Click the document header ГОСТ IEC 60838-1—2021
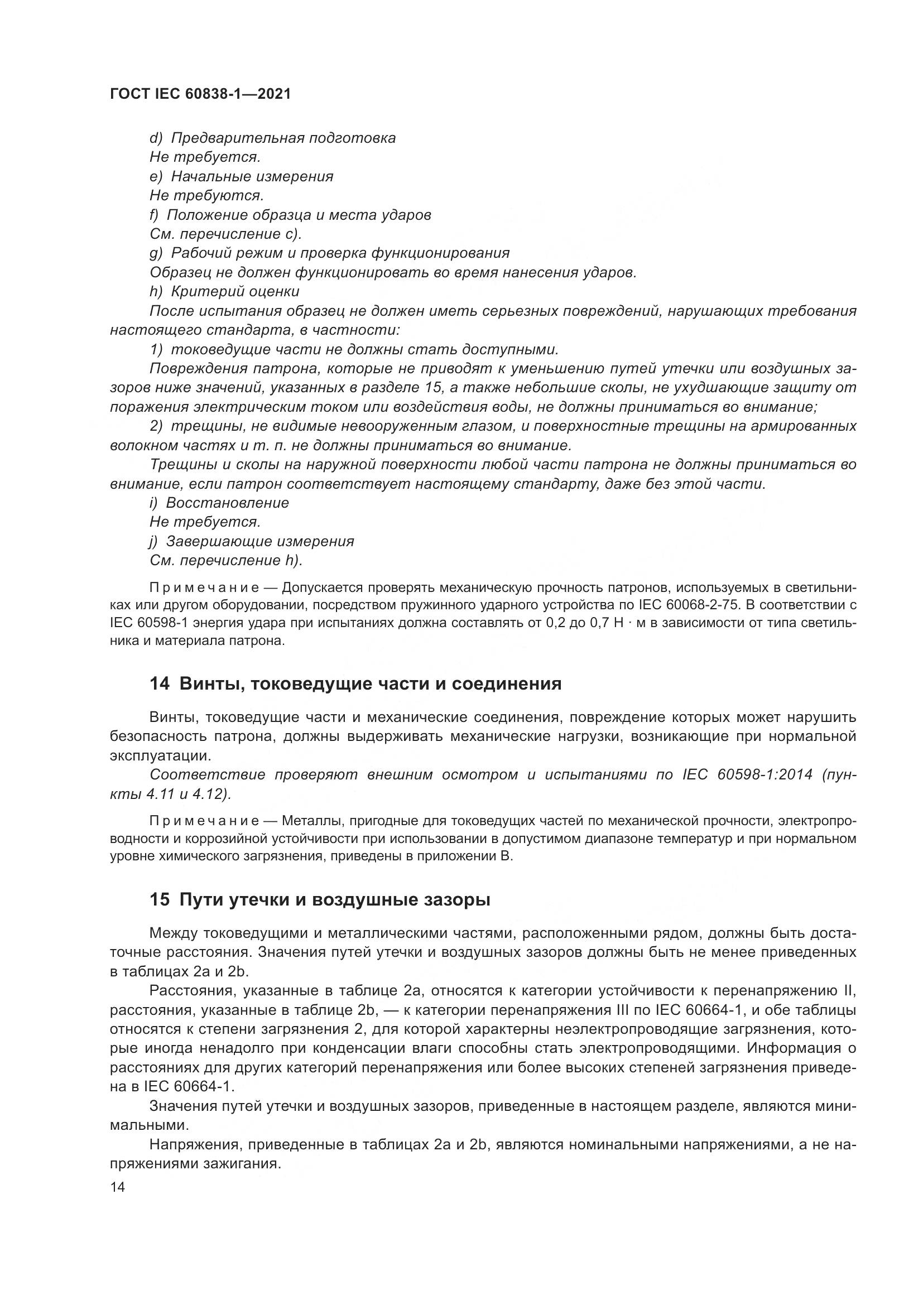(x=200, y=94)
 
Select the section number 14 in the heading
(x=160, y=684)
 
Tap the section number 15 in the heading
(x=160, y=901)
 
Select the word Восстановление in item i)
(x=227, y=503)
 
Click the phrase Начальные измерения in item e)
(x=252, y=177)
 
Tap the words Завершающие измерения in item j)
(x=259, y=542)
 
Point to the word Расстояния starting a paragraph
(x=193, y=991)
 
